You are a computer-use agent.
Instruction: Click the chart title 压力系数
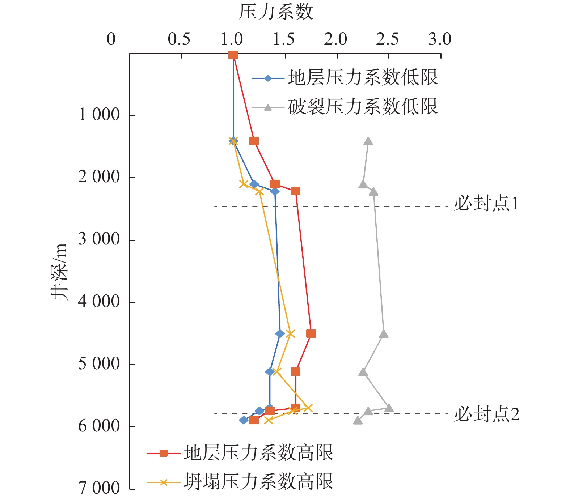(x=276, y=12)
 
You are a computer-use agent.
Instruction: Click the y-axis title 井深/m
(x=59, y=272)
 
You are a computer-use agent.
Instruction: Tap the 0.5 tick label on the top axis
(x=179, y=39)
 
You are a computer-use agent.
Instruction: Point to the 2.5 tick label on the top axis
(x=387, y=39)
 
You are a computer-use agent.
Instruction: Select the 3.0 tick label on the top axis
(x=440, y=39)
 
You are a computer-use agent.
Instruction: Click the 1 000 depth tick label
(x=99, y=115)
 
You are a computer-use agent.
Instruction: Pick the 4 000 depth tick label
(x=99, y=301)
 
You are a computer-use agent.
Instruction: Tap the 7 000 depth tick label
(x=99, y=488)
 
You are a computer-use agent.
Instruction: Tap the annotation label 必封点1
(x=486, y=204)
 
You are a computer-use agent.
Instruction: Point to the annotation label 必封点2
(x=487, y=414)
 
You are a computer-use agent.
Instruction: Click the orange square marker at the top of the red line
(x=233, y=55)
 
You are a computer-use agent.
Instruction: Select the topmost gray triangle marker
(x=368, y=141)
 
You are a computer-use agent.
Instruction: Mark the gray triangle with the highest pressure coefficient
(x=389, y=408)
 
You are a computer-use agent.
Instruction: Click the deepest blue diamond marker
(x=244, y=420)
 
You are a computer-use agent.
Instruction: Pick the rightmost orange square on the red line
(x=311, y=333)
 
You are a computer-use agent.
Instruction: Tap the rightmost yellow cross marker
(x=308, y=408)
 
